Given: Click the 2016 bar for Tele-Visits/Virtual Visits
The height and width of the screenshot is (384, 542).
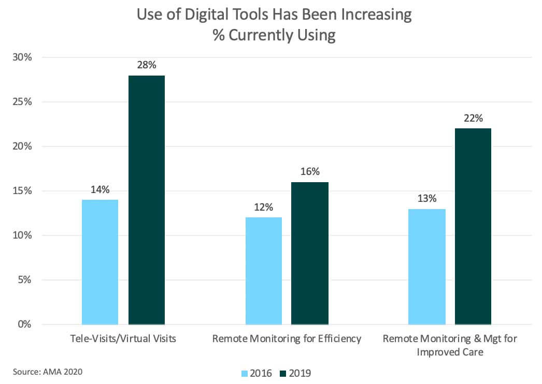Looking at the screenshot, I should tap(100, 262).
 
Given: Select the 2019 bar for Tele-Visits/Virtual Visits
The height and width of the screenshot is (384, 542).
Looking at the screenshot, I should tap(146, 200).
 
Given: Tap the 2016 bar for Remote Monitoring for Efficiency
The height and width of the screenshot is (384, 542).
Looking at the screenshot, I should tap(263, 271).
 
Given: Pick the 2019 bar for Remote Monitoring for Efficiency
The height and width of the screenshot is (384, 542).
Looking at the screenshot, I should tap(309, 253).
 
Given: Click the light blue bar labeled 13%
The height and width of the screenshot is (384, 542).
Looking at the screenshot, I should tap(426, 267).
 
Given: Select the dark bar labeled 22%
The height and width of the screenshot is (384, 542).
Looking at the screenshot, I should tap(473, 226).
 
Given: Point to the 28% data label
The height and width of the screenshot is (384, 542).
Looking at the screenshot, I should tap(147, 65).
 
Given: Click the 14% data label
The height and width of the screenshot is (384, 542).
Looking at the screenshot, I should tap(100, 189).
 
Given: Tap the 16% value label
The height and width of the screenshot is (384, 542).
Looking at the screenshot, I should tap(310, 172).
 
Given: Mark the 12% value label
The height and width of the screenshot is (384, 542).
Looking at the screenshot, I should tap(263, 207).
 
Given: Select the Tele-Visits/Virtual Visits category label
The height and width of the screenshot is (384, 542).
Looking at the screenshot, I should tap(123, 339).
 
